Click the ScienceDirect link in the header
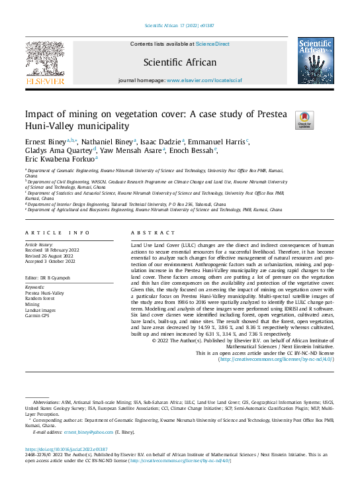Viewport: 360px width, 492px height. (213, 44)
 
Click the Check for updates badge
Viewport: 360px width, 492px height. (304, 119)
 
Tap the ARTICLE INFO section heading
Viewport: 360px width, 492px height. (58, 233)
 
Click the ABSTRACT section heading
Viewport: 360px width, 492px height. (154, 233)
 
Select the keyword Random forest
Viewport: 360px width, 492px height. (42, 297)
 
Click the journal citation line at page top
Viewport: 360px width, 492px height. (179, 26)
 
